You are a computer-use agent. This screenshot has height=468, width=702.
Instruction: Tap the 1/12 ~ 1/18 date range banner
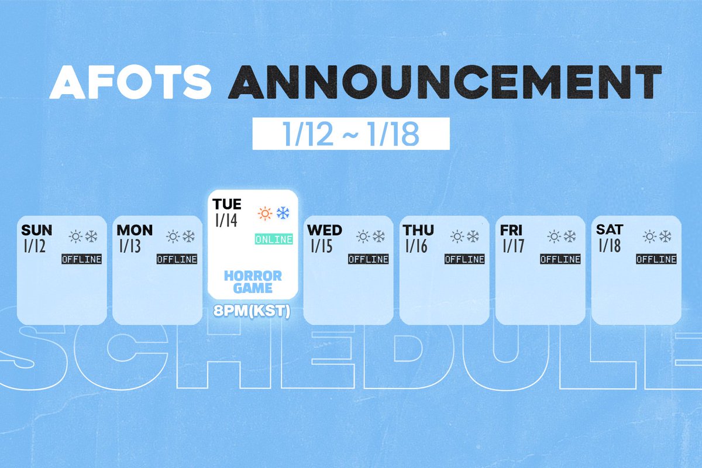351,134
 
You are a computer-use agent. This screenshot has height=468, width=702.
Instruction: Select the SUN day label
36,229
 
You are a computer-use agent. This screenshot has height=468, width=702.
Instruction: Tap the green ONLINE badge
274,239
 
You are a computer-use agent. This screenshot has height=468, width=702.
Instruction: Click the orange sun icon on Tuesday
266,214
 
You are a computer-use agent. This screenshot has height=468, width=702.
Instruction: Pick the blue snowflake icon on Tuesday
284,214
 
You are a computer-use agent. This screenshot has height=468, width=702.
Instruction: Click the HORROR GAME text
253,281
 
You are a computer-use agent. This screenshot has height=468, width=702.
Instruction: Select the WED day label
325,229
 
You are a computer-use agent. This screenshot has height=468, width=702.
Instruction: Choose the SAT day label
610,229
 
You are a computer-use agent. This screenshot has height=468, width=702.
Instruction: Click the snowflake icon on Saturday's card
665,236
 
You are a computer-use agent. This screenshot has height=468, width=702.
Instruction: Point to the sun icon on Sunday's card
75,236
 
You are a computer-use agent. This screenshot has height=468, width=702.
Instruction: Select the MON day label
135,229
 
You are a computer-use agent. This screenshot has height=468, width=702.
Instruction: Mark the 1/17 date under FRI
514,246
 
